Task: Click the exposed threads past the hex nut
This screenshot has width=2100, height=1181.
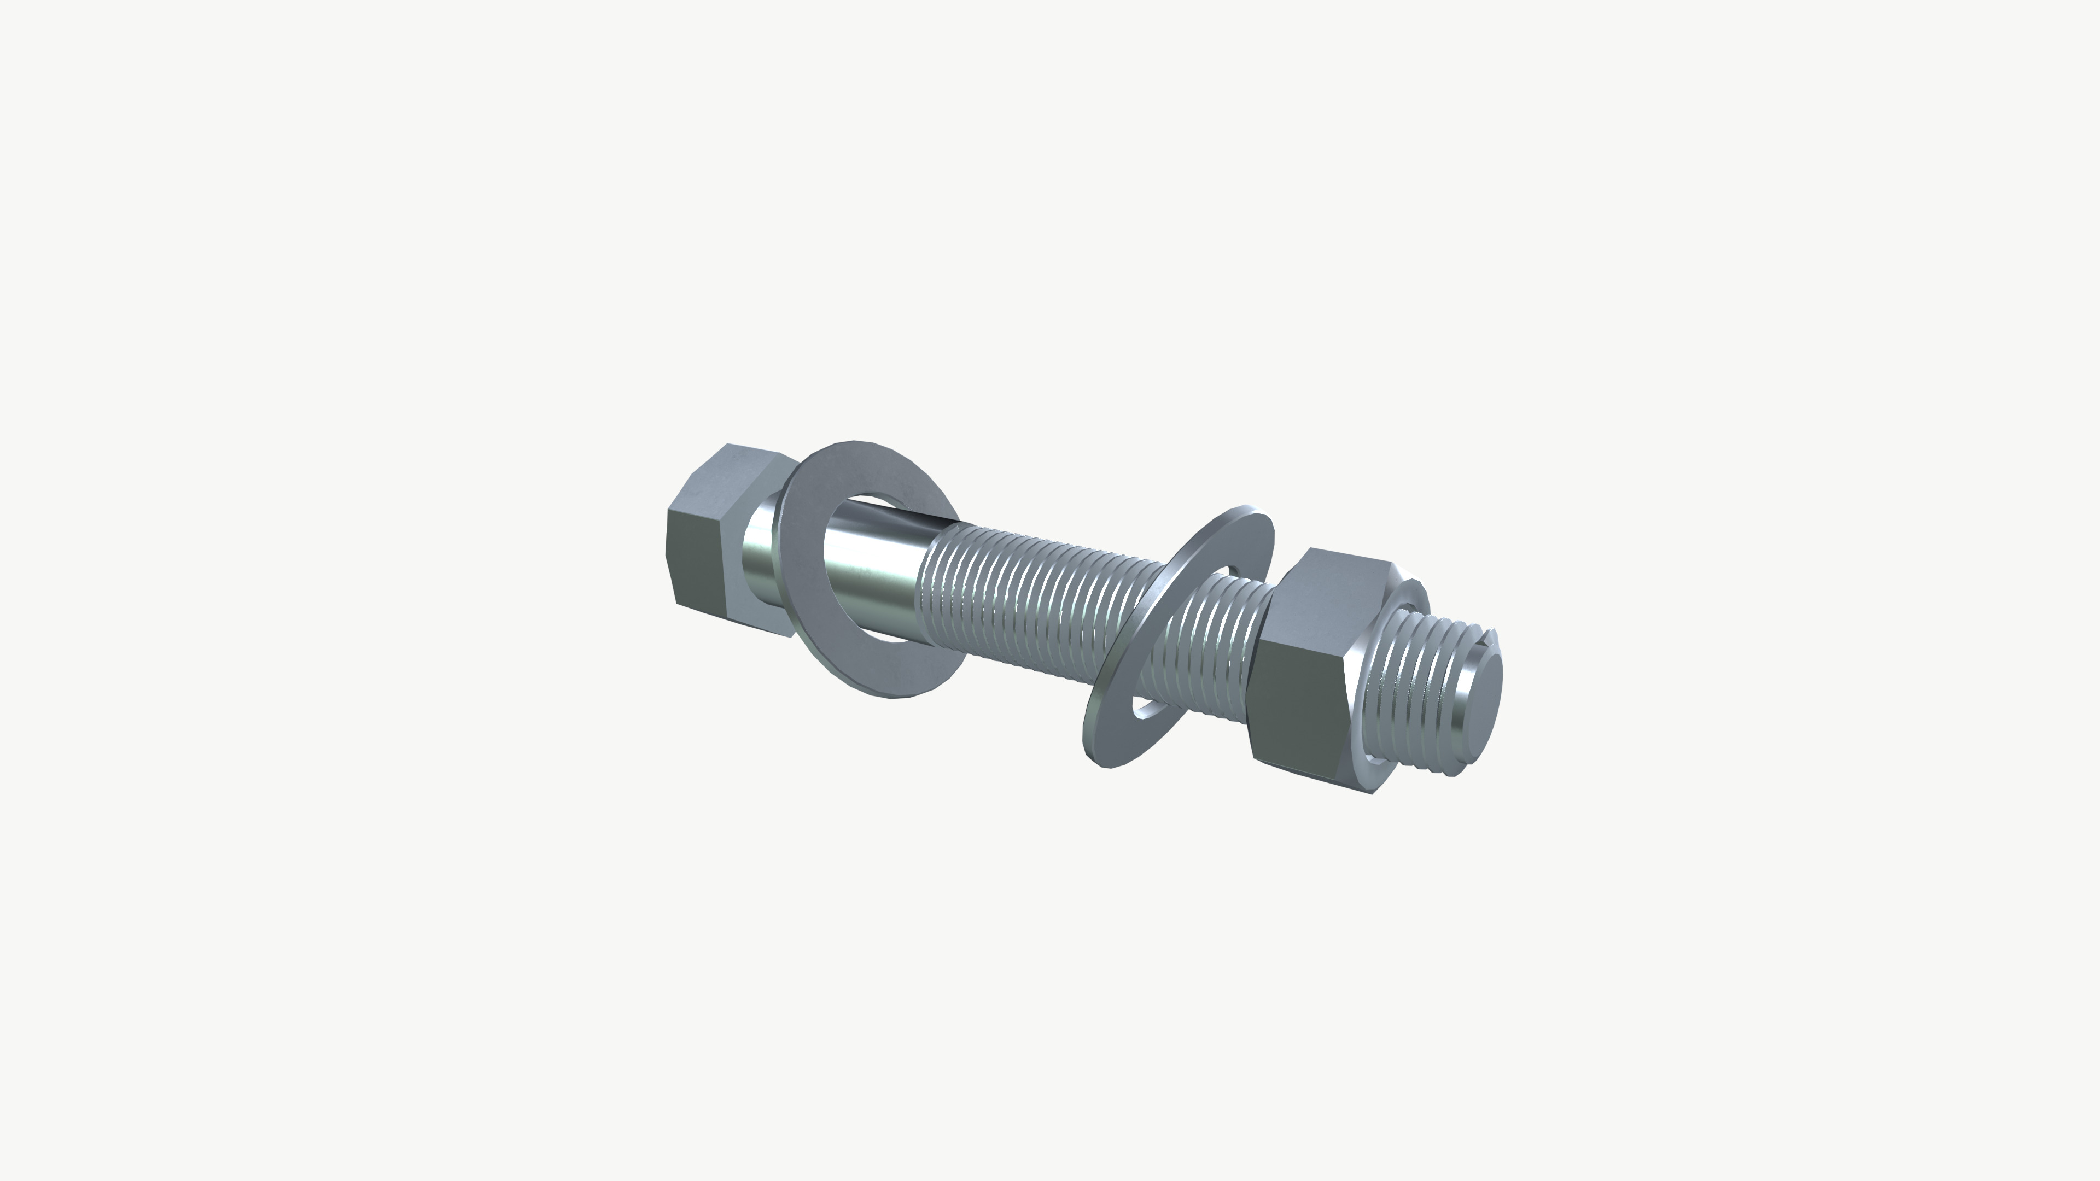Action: click(x=1419, y=693)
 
